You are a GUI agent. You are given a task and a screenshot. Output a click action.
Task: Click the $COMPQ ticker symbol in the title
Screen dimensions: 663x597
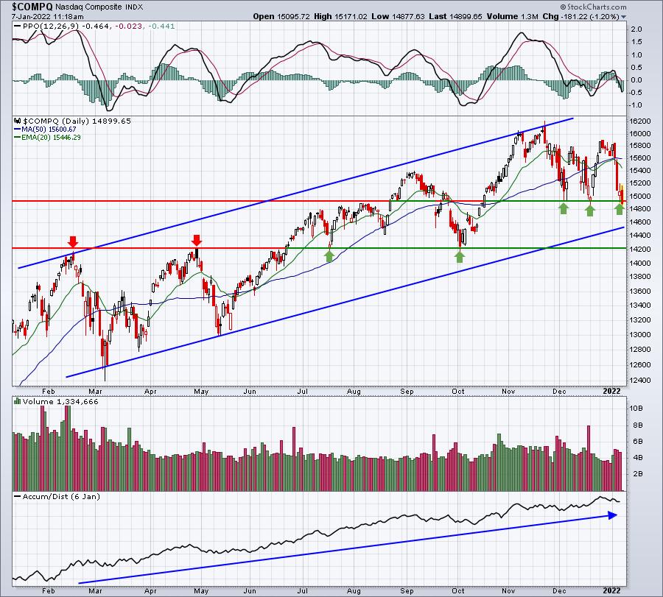click(x=32, y=7)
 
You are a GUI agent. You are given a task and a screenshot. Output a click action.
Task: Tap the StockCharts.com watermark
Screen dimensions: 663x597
click(x=593, y=7)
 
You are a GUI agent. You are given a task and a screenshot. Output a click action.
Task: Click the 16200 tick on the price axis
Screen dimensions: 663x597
click(x=640, y=121)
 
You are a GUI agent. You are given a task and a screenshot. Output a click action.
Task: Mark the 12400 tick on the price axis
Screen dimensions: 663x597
click(x=640, y=380)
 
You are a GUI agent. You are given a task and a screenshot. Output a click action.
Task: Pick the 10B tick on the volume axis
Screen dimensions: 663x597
click(x=636, y=408)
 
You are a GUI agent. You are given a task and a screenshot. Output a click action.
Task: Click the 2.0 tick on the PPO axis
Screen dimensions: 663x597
click(x=636, y=29)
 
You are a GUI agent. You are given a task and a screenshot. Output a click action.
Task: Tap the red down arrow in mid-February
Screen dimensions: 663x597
click(x=73, y=241)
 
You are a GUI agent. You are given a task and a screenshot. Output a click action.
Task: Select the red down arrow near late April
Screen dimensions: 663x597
click(x=196, y=241)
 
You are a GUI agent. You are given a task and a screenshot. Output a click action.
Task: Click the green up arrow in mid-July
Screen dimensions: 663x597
click(x=330, y=255)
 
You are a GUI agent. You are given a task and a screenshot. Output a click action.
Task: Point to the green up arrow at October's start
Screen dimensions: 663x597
click(x=460, y=256)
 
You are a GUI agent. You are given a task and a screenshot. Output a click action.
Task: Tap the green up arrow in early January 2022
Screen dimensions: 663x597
click(x=620, y=209)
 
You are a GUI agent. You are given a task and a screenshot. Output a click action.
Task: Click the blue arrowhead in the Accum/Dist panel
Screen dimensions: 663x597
click(x=613, y=515)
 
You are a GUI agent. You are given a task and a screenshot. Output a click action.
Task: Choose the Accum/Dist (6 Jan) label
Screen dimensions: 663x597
click(x=61, y=496)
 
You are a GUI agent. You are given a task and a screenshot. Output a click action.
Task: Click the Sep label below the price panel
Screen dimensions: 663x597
click(x=407, y=391)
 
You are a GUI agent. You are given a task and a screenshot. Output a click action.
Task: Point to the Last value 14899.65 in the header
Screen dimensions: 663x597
click(x=465, y=16)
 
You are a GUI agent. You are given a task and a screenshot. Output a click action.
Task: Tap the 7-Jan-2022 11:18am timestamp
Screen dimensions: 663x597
click(x=47, y=17)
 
